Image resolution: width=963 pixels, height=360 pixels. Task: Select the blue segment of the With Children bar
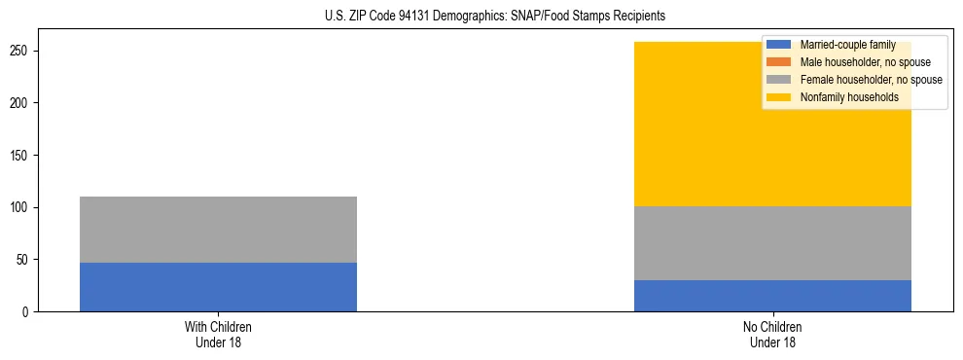pyautogui.click(x=218, y=287)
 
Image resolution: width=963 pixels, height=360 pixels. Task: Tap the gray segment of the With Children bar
pyautogui.click(x=218, y=230)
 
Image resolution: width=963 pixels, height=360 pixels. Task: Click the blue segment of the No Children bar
pyautogui.click(x=772, y=296)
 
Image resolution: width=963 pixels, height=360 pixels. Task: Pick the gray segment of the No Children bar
pyautogui.click(x=772, y=243)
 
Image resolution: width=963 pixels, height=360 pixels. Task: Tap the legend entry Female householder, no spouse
pyautogui.click(x=871, y=80)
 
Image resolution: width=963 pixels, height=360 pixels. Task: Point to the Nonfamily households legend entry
pyautogui.click(x=849, y=97)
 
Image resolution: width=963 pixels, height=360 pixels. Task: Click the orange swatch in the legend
pyautogui.click(x=779, y=62)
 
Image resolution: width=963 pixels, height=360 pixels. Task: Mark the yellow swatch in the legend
pyautogui.click(x=779, y=97)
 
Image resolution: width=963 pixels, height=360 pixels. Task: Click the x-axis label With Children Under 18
pyautogui.click(x=218, y=335)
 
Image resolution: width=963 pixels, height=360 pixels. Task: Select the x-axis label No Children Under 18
pyautogui.click(x=772, y=335)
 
